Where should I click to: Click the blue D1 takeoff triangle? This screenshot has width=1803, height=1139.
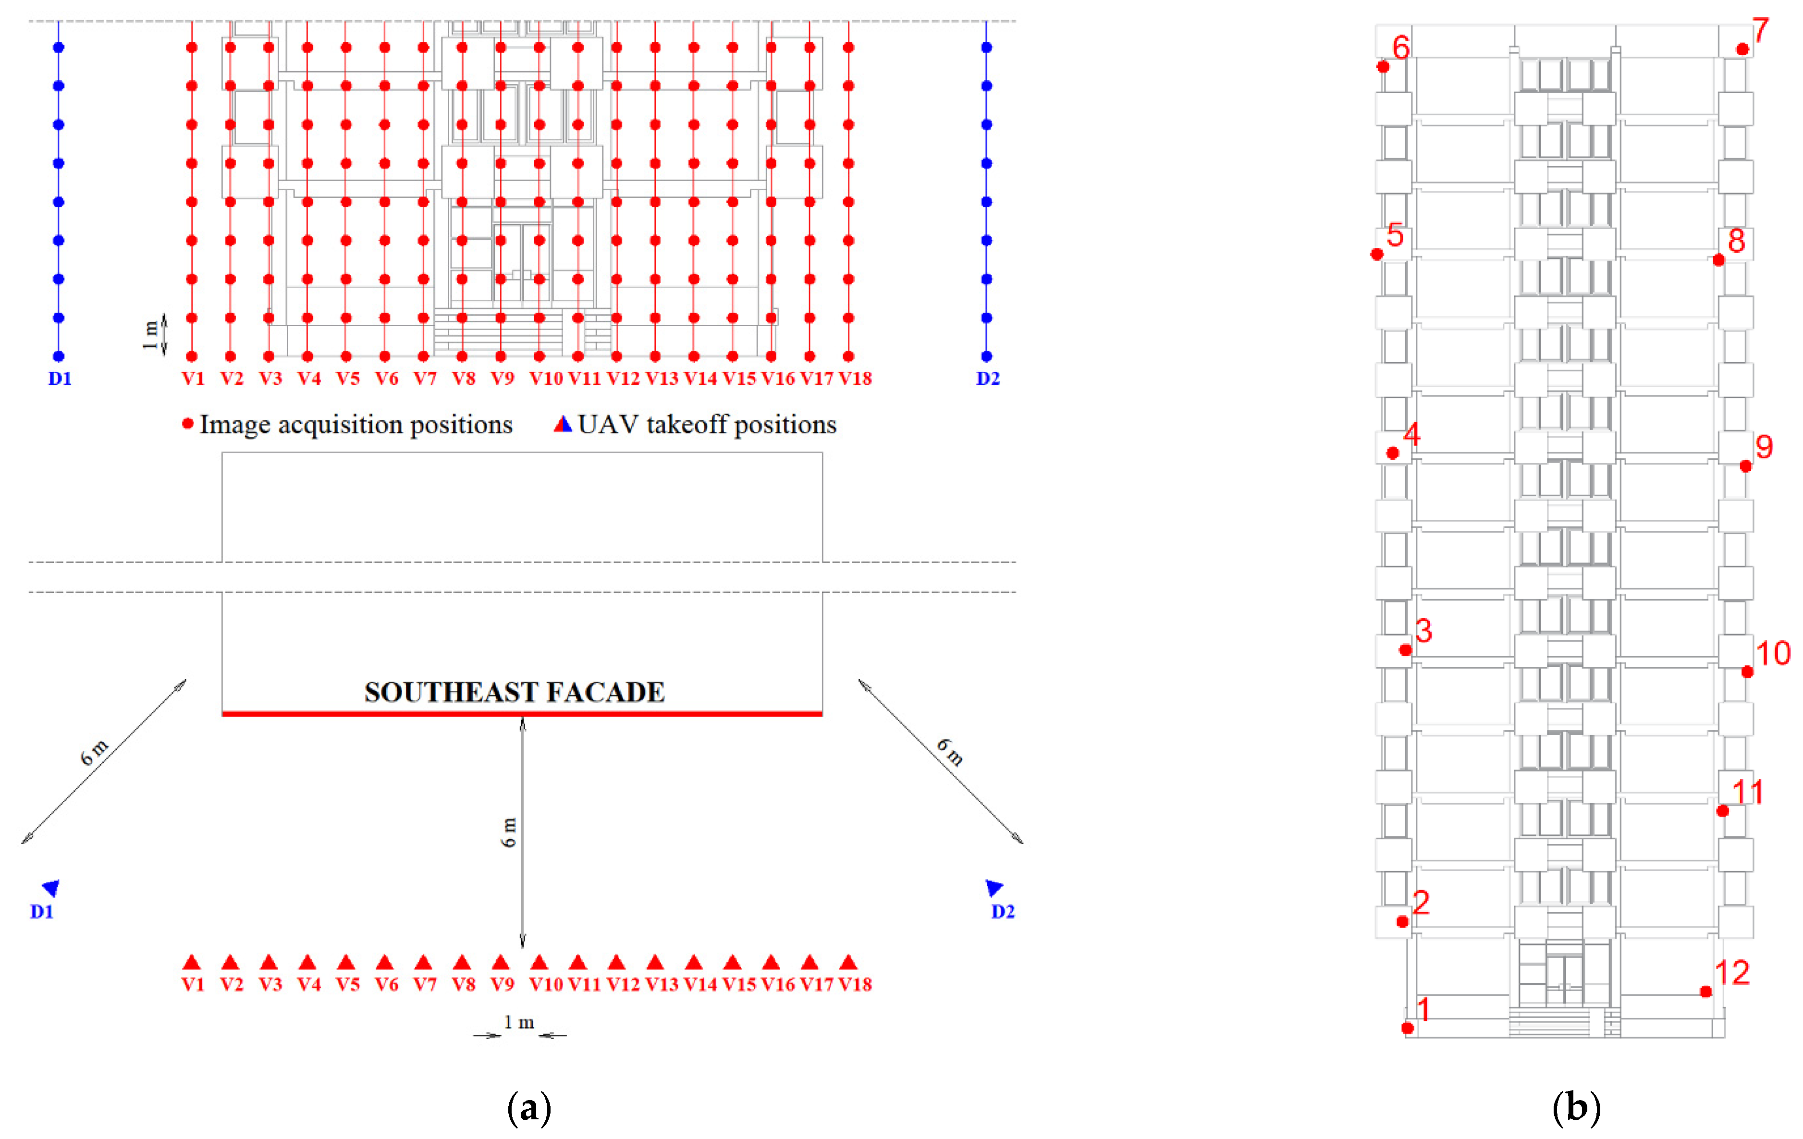click(52, 888)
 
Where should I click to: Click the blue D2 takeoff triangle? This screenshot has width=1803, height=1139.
click(993, 888)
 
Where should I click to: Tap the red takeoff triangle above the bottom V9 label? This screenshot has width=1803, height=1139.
click(501, 962)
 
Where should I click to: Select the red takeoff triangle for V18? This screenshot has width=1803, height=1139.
click(848, 962)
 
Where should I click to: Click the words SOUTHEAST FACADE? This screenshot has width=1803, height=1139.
click(515, 692)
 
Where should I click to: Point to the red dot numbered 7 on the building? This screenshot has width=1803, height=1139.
click(1742, 49)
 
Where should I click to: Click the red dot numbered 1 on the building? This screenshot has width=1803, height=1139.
click(1408, 1028)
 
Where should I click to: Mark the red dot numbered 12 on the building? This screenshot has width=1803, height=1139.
click(1705, 992)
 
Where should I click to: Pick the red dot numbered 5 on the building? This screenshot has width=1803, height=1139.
click(1377, 255)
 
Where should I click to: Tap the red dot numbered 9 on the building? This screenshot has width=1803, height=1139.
click(1745, 466)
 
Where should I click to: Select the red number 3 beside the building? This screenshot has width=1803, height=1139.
click(1423, 631)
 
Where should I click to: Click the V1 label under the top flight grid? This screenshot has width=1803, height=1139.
click(193, 378)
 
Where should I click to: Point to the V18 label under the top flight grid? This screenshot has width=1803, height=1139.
click(855, 378)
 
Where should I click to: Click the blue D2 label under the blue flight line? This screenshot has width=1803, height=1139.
click(988, 378)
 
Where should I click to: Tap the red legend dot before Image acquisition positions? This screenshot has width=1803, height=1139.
click(188, 424)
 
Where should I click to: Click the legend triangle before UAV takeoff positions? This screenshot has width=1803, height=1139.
click(562, 425)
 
